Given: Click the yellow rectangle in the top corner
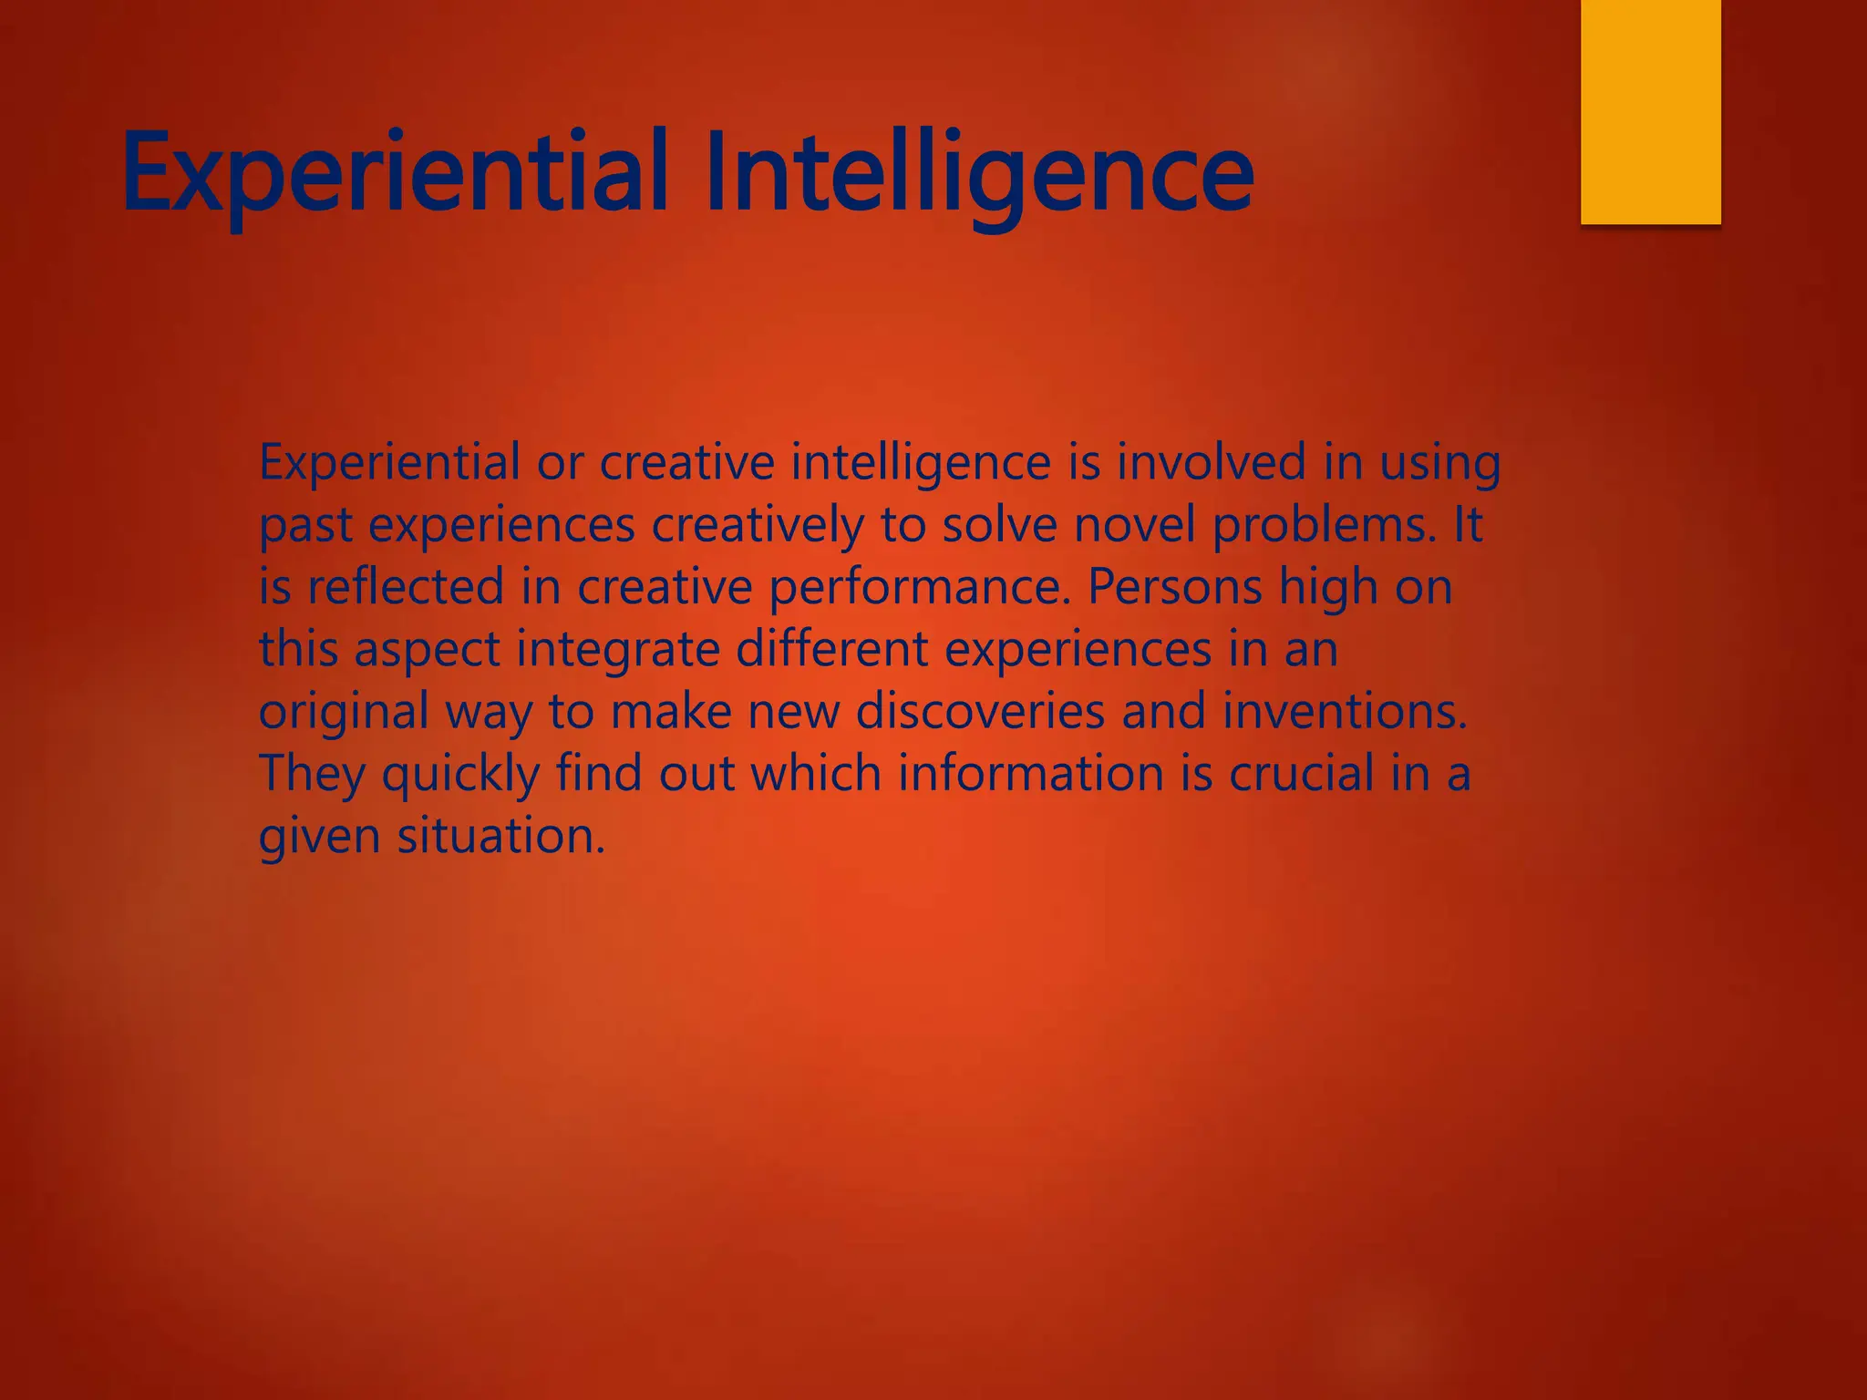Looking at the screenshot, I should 1650,111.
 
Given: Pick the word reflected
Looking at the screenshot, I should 405,587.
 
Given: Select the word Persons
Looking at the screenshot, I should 1175,587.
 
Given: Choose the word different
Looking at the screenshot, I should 831,650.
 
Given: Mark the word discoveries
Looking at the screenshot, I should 980,712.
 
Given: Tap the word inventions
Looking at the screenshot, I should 1344,712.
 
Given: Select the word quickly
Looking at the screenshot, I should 460,774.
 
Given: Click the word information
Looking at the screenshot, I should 1031,774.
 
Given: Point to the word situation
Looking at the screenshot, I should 500,836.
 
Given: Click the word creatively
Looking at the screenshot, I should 757,525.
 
